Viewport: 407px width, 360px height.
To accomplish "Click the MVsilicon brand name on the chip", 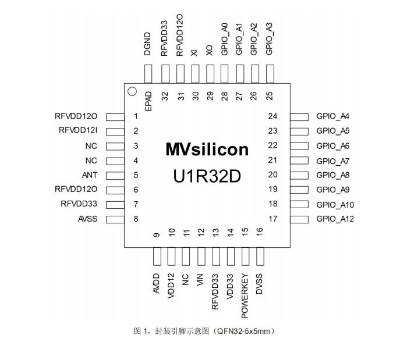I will [207, 149].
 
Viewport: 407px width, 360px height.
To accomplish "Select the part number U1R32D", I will [207, 176].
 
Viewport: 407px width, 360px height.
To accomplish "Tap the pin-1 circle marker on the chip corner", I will [132, 91].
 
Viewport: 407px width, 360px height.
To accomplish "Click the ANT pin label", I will [90, 175].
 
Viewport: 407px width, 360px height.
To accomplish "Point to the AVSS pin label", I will [87, 219].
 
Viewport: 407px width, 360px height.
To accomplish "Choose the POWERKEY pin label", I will [245, 295].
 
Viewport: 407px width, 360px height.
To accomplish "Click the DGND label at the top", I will [148, 44].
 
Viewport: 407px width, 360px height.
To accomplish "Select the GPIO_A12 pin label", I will [335, 219].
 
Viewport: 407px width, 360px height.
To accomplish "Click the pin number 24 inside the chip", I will [272, 116].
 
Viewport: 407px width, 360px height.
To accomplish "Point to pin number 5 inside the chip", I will [136, 175].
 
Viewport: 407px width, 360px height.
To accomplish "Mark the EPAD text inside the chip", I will [148, 101].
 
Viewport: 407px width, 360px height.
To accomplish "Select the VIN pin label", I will [201, 280].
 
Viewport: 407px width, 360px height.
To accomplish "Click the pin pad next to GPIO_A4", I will [299, 117].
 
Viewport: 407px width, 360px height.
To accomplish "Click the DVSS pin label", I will [260, 283].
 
